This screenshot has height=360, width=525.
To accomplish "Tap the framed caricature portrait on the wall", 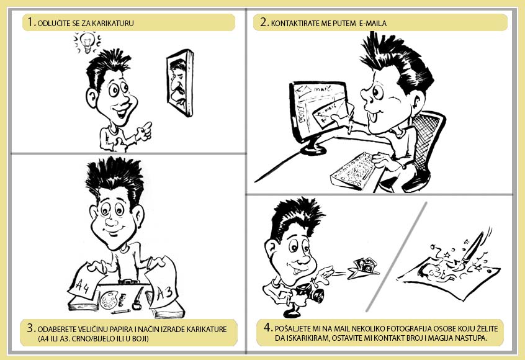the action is click(x=180, y=83).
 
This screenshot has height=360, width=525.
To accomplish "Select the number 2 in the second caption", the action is click(x=264, y=22).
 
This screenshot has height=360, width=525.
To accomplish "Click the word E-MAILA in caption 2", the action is click(x=373, y=24).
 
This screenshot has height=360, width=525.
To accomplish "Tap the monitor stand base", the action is click(x=313, y=149).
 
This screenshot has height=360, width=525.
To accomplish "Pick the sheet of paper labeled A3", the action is click(x=164, y=285).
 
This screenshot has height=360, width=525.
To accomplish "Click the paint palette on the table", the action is click(x=109, y=299).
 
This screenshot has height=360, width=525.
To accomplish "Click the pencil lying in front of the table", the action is click(x=121, y=312).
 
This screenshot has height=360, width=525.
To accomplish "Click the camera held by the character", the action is click(x=312, y=294).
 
